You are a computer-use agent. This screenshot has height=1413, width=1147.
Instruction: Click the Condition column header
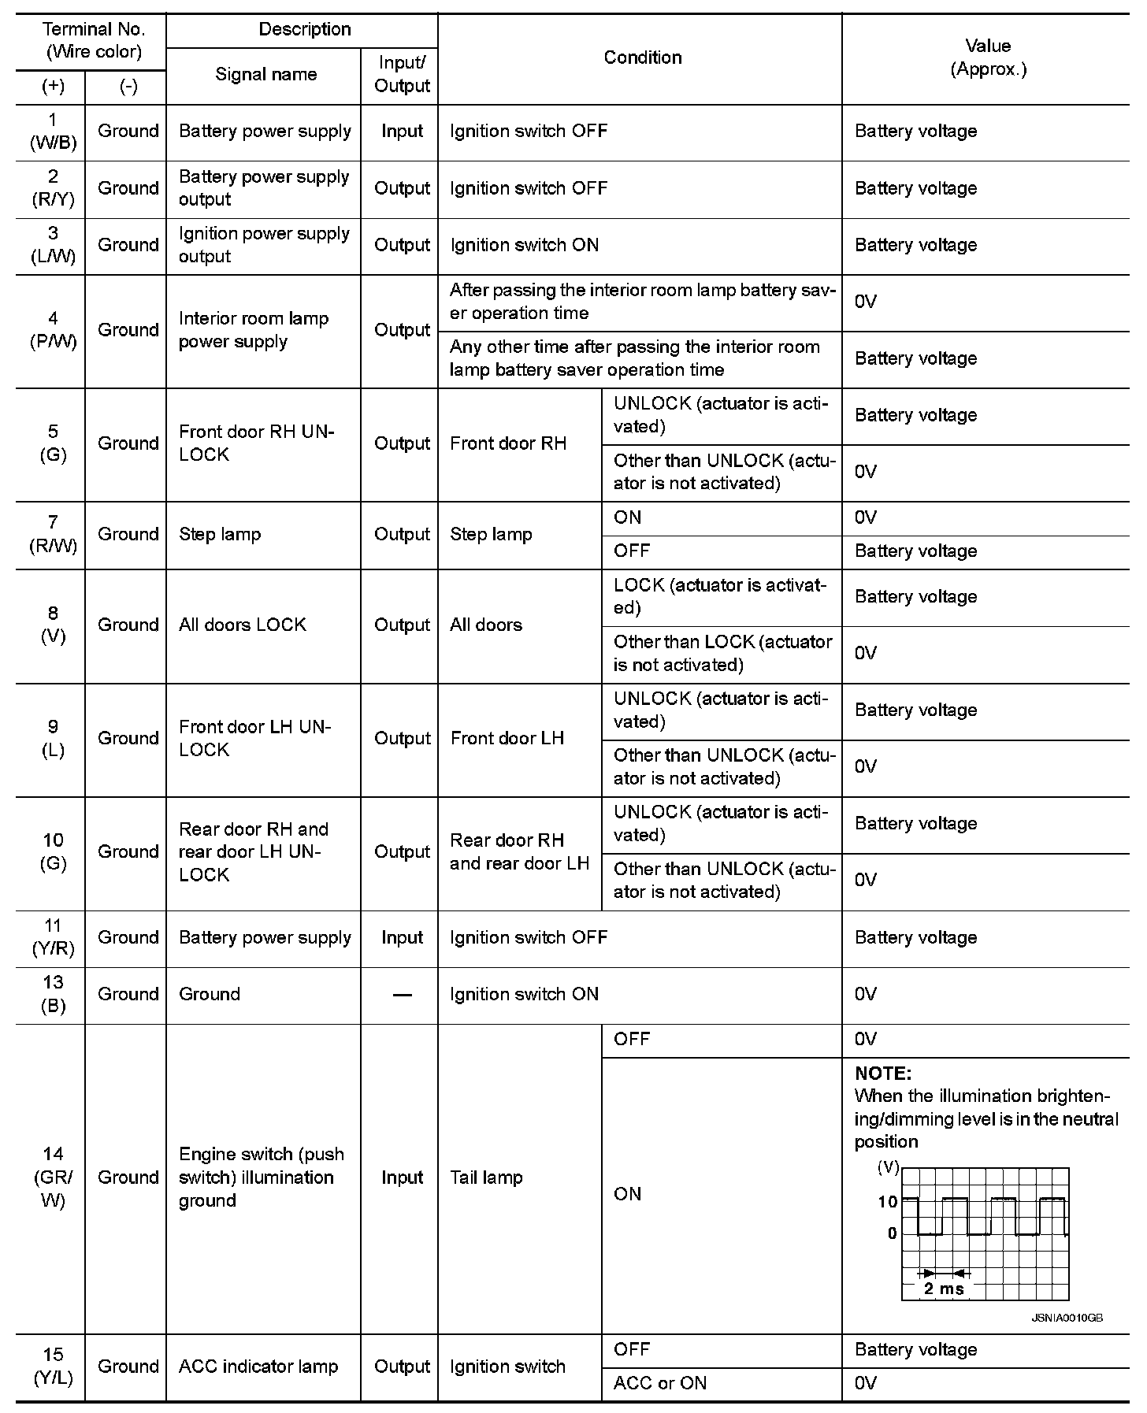point(642,57)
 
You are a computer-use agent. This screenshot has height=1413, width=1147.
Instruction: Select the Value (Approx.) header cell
point(988,57)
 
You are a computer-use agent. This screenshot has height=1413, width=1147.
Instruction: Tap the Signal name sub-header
point(265,75)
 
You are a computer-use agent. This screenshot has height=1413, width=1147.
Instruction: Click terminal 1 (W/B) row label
point(53,132)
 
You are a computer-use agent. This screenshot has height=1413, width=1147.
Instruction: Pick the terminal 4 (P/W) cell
point(53,330)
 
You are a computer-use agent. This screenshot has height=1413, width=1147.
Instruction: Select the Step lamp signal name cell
point(220,535)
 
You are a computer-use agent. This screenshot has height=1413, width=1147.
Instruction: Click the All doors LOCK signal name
point(242,625)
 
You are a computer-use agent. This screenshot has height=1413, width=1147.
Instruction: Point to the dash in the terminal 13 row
point(402,995)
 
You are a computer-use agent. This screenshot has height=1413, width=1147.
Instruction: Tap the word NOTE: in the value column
point(883,1074)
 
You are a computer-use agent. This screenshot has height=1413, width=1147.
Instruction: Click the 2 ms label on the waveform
point(943,1289)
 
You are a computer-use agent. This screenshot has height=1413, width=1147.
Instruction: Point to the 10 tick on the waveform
point(887,1202)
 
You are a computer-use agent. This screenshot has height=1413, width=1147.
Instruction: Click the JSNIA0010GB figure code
point(1067,1318)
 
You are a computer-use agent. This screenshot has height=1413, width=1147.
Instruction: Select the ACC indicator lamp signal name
point(258,1367)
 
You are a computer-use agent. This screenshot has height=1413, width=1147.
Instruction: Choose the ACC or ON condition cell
point(660,1383)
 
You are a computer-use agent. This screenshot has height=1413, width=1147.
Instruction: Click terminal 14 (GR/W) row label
point(53,1177)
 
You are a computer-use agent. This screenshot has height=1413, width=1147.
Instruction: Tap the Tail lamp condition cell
point(486,1177)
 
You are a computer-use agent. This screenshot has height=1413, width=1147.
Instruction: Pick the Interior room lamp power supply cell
point(253,330)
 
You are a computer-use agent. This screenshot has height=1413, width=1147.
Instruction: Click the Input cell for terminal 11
point(402,938)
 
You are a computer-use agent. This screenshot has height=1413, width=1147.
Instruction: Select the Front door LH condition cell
point(507,739)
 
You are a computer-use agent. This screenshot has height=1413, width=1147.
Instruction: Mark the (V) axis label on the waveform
point(888,1167)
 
